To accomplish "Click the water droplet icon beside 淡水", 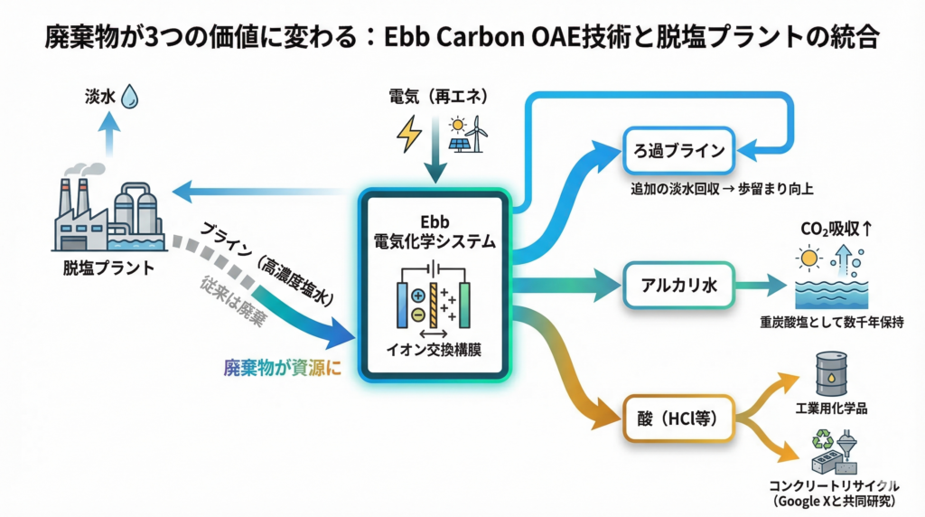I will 130,95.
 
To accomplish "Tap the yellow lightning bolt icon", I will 408,134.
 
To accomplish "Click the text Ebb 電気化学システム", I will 435,232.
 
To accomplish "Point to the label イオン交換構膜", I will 435,347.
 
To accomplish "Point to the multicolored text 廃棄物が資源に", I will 283,368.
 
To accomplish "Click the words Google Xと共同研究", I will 832,501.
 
